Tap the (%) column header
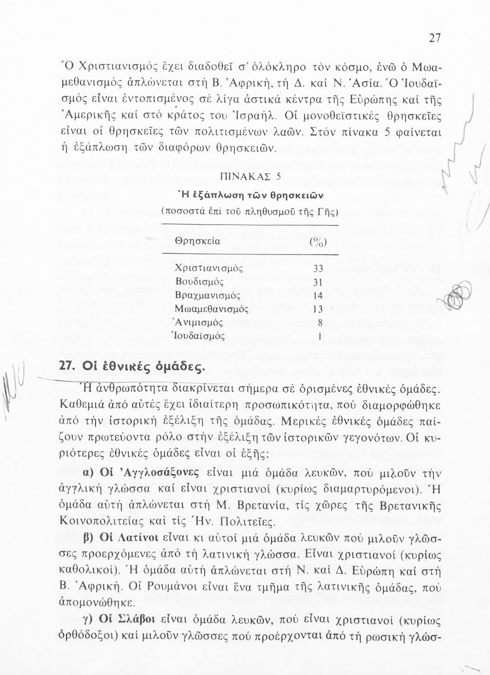(x=318, y=242)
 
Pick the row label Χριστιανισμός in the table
(x=209, y=269)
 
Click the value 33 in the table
(x=319, y=269)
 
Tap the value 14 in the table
(x=318, y=296)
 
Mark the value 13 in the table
(x=318, y=309)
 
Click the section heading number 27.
(x=67, y=366)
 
